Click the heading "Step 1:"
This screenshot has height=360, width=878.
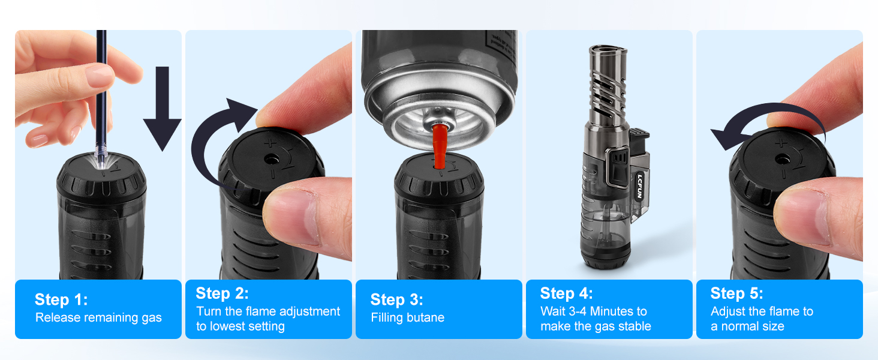click(x=61, y=299)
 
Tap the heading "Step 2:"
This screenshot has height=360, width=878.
click(x=222, y=293)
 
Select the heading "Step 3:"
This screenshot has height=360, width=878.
click(x=396, y=299)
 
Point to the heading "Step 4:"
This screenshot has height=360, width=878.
click(x=566, y=293)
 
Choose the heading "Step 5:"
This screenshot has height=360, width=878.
click(x=737, y=293)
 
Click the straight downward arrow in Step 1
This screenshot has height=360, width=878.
click(x=163, y=109)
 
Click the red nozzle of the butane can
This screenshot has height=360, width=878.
click(x=440, y=145)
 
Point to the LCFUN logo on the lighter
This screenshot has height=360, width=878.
click(x=640, y=186)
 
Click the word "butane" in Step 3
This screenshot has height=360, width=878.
click(x=426, y=317)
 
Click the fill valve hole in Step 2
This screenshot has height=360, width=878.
click(x=272, y=160)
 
